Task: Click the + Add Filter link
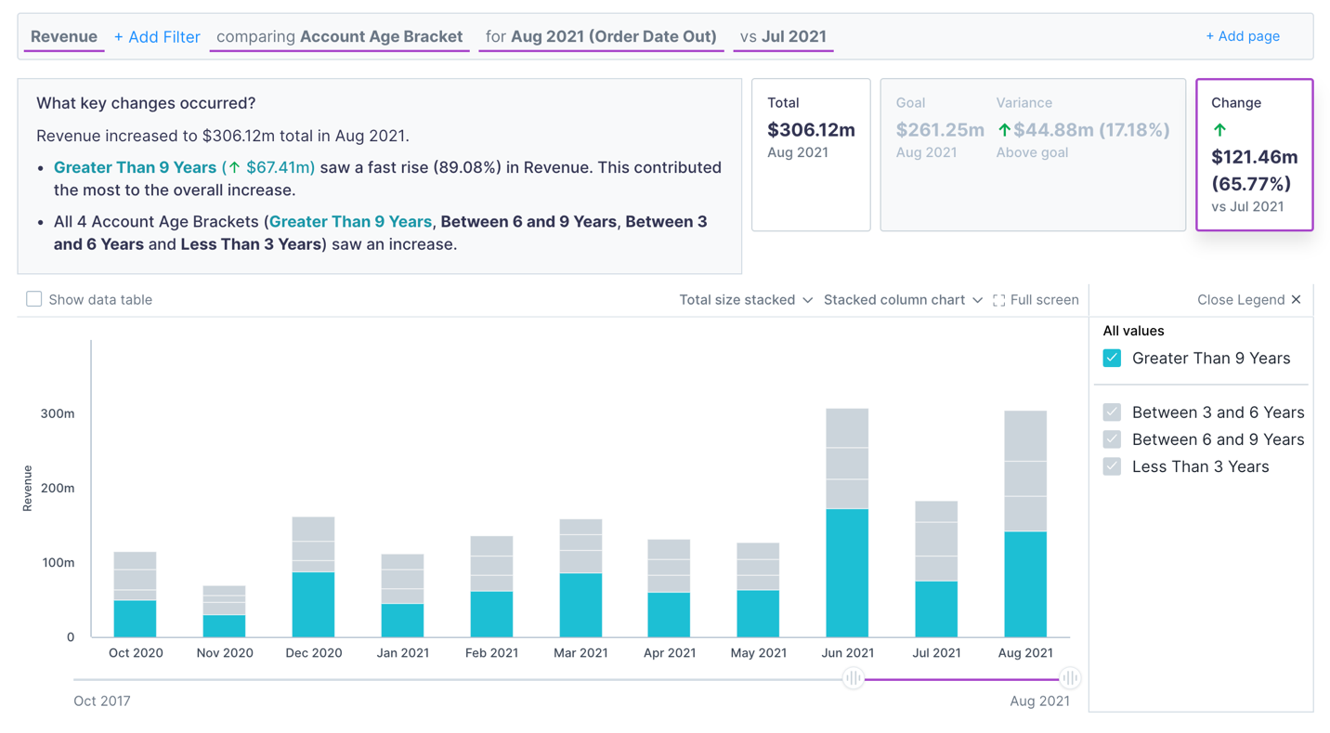tap(157, 37)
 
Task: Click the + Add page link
tap(1242, 36)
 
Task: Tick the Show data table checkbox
tap(34, 299)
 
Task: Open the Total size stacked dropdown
tap(746, 300)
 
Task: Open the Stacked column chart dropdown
tap(902, 300)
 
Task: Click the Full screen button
tap(1036, 300)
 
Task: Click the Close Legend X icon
tap(1296, 299)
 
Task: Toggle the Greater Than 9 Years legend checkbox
tap(1112, 359)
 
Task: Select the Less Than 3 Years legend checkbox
tap(1112, 466)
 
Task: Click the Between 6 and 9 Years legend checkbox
tap(1112, 439)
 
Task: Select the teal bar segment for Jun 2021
tap(847, 572)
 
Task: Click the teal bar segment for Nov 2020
tap(224, 625)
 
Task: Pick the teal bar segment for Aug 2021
tap(1025, 583)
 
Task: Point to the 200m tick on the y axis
tap(58, 488)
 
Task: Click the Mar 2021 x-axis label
tap(580, 653)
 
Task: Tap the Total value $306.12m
tap(811, 130)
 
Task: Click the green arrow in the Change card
tap(1219, 130)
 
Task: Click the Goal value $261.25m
tap(940, 130)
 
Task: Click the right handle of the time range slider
tap(1070, 678)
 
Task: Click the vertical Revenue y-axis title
tap(28, 488)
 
